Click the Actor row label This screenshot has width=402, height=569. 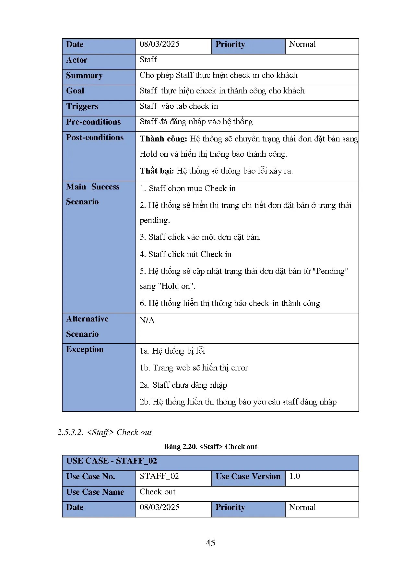coord(77,60)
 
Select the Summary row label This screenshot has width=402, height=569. coord(84,76)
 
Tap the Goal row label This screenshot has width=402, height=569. coord(75,91)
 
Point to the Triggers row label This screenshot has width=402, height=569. coord(82,106)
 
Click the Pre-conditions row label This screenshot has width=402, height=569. coord(93,122)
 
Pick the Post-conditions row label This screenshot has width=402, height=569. coord(95,138)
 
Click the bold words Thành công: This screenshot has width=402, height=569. coord(163,139)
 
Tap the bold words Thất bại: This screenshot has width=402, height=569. coord(157,171)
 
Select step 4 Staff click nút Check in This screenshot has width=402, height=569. coord(185,254)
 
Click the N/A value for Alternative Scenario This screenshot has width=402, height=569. coord(147,321)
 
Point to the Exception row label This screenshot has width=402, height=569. coord(85,349)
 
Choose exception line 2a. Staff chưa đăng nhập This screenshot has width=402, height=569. coord(183,385)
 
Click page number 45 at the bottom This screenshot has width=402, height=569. coord(210,543)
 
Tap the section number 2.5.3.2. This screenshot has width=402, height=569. coord(70,432)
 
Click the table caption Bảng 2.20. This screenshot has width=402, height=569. coord(180,447)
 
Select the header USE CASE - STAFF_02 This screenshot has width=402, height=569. coord(112,461)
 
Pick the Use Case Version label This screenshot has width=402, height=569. coord(248,477)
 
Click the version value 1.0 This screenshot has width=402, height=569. coord(295,476)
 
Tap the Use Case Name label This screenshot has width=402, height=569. coord(95,492)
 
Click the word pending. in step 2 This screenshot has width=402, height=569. coord(155,221)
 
